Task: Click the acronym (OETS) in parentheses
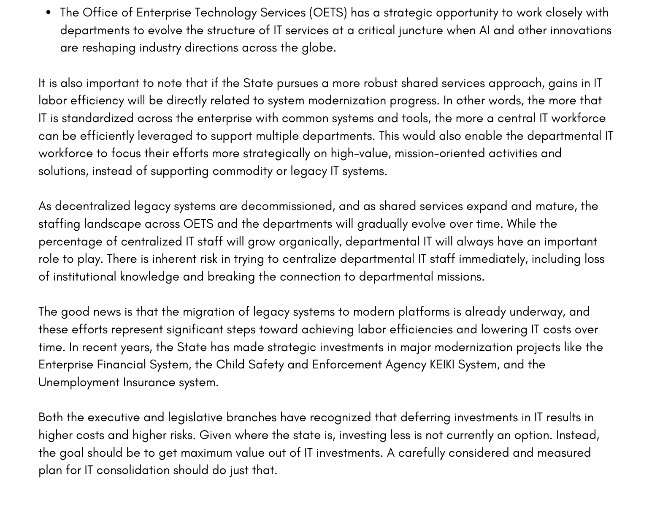pyautogui.click(x=328, y=13)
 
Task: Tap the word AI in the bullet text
pyautogui.click(x=484, y=30)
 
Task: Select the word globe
pyautogui.click(x=318, y=48)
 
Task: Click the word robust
pyautogui.click(x=380, y=83)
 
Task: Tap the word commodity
pyautogui.click(x=242, y=171)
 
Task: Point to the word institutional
pyautogui.click(x=84, y=277)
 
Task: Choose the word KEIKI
pyautogui.click(x=442, y=365)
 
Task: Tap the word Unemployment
pyautogui.click(x=79, y=382)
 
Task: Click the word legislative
pyautogui.click(x=195, y=417)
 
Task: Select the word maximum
pyautogui.click(x=206, y=453)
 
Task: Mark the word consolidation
pyautogui.click(x=133, y=470)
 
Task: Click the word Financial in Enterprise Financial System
pyautogui.click(x=121, y=365)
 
